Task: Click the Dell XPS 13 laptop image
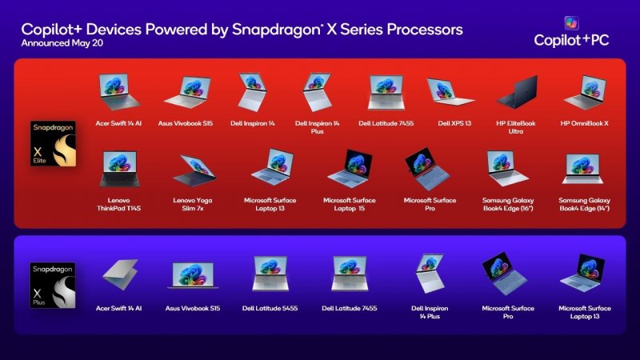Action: point(450,94)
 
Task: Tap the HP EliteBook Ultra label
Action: point(516,128)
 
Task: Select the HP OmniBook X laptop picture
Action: point(586,93)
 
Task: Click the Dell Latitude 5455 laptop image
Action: point(270,274)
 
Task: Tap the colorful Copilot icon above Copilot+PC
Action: point(571,23)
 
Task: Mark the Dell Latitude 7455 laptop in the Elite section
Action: point(386,93)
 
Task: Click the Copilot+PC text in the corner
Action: point(573,41)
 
